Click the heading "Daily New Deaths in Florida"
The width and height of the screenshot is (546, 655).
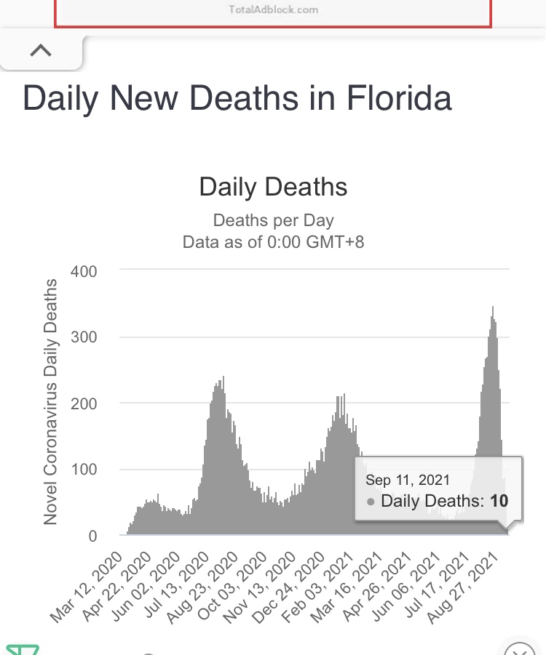(x=237, y=98)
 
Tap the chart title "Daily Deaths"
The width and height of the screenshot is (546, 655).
(x=273, y=187)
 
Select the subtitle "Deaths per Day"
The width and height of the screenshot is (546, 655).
(x=273, y=220)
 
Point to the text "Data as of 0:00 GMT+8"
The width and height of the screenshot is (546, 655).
(x=273, y=241)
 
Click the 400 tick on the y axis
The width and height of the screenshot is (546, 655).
(x=84, y=270)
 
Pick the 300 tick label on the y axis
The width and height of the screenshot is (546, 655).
(x=84, y=337)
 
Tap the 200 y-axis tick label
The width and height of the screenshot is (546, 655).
(x=84, y=403)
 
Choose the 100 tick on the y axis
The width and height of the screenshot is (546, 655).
(x=84, y=470)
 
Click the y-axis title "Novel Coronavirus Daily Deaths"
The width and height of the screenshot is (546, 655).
(x=50, y=401)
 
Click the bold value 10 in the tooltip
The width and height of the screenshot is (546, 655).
(x=499, y=501)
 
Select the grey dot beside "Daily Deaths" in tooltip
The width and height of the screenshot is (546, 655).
(x=371, y=502)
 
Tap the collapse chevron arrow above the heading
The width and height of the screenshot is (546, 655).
(x=41, y=50)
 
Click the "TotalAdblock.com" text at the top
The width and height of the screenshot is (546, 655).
(x=272, y=10)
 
